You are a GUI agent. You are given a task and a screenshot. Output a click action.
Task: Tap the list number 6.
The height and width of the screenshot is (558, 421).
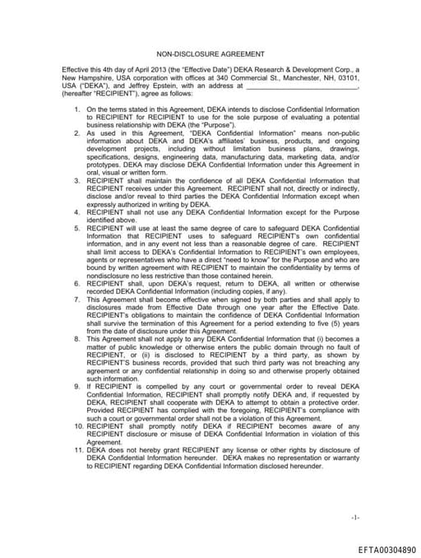pyautogui.click(x=77, y=258)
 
